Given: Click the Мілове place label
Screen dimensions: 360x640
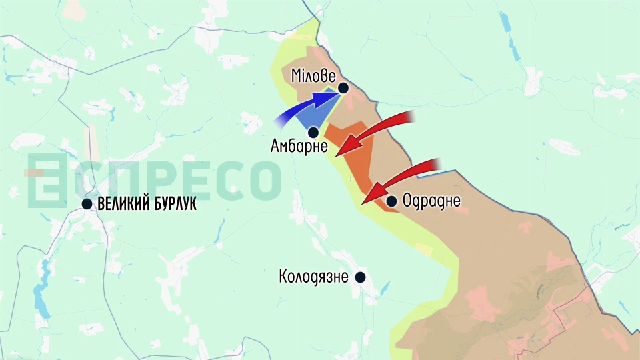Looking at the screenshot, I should (x=313, y=76).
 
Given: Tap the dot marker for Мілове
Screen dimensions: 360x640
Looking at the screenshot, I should (x=343, y=88).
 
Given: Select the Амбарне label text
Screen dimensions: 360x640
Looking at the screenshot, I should (x=299, y=146).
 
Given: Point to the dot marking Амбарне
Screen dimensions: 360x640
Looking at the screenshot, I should (x=313, y=132).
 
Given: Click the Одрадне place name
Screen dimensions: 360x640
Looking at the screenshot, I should (x=431, y=201).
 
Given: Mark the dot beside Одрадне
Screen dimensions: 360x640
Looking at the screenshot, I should (x=391, y=201).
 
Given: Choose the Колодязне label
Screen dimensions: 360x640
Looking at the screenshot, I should (x=313, y=277).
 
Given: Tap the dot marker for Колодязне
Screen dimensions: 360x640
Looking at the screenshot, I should (x=361, y=277).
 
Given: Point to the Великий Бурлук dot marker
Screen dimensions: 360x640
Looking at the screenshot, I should (x=87, y=204).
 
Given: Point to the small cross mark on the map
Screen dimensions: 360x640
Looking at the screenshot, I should (x=351, y=179).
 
